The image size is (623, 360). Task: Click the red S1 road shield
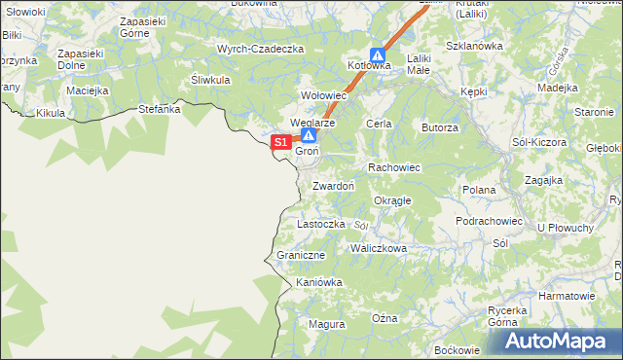pyautogui.click(x=279, y=142)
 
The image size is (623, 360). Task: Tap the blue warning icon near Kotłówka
pyautogui.click(x=377, y=55)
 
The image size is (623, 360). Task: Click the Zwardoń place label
pyautogui.click(x=333, y=185)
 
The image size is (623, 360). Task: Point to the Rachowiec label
pyautogui.click(x=393, y=167)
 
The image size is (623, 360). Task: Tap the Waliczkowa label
pyautogui.click(x=379, y=248)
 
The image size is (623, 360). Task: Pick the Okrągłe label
pyautogui.click(x=392, y=200)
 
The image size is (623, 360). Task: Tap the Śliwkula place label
pyautogui.click(x=210, y=80)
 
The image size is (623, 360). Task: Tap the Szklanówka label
pyautogui.click(x=473, y=46)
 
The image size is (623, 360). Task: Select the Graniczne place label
pyautogui.click(x=300, y=255)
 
